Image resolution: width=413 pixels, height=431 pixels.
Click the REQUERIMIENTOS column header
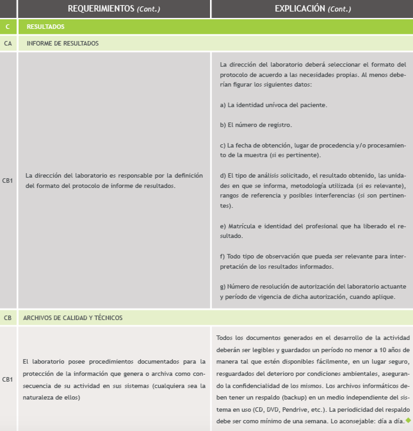coord(114,9)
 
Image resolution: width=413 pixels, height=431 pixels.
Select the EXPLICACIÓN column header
coord(312,9)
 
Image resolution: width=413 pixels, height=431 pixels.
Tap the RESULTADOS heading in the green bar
coord(45,27)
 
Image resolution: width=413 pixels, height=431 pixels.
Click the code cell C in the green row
coord(8,27)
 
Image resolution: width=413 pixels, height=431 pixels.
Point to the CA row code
coord(8,44)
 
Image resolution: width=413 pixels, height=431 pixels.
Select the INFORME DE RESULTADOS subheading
coord(63,44)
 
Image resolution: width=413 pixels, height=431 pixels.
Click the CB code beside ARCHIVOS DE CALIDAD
coord(8,318)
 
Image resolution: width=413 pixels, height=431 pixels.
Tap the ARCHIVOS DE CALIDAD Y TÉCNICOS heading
coord(73,318)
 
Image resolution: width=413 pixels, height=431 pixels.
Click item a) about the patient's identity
coord(273,105)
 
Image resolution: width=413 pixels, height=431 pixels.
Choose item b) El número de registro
coord(256,125)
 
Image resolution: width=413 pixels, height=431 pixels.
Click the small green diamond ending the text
coord(408,420)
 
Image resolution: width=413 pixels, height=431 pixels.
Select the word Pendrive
coord(293,410)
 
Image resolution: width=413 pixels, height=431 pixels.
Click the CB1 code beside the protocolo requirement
coord(8,181)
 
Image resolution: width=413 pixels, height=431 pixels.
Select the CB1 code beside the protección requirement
coord(8,379)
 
